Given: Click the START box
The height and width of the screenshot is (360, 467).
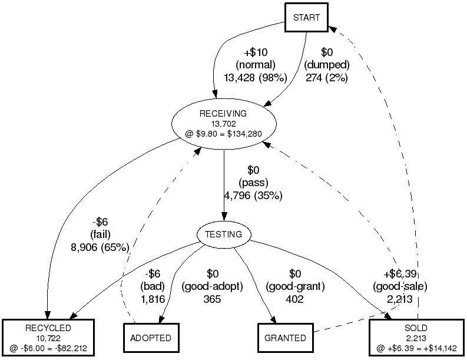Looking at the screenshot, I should (306, 17).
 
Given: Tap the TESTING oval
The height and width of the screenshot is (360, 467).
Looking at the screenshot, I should (223, 235).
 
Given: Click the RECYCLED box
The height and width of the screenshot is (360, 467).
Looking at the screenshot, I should (48, 338).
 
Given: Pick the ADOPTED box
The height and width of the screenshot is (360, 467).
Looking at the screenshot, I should (151, 338).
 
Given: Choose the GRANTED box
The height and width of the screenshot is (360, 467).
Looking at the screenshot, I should (284, 338).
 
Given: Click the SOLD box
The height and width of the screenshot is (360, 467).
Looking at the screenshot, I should (416, 338).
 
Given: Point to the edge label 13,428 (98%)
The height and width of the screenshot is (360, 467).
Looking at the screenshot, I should (255, 77).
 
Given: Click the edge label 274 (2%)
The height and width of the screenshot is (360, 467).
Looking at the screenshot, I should (327, 77).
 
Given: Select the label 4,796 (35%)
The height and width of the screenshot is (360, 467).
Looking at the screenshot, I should (253, 196).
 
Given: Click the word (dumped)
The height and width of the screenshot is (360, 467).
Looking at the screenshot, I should (327, 64).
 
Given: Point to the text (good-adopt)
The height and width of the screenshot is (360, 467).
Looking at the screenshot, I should (213, 286).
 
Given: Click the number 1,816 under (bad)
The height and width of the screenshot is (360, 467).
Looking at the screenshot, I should (152, 299).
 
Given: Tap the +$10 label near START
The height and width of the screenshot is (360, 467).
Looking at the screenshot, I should (255, 52).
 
